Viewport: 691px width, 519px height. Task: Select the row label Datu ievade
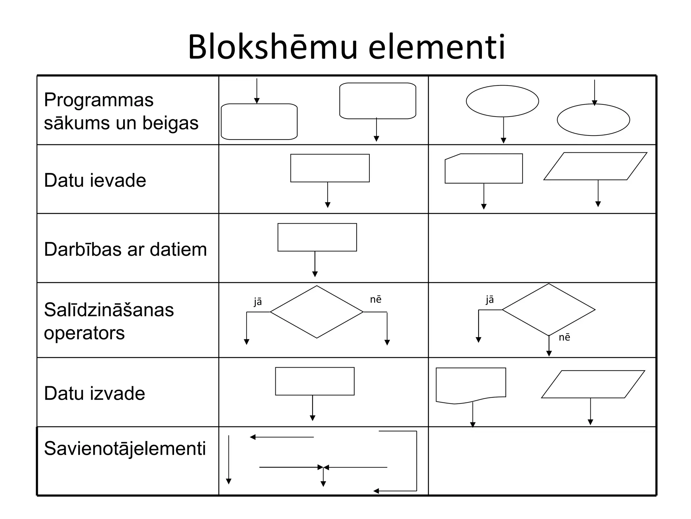(x=95, y=180)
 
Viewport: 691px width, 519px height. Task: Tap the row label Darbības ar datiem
(x=125, y=249)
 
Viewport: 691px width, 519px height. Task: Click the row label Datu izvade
(x=94, y=393)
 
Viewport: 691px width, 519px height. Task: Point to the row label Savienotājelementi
(x=125, y=448)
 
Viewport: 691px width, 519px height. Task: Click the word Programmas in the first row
(x=99, y=100)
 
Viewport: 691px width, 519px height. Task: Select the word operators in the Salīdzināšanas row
(x=84, y=333)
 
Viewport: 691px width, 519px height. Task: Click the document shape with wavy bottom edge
(x=471, y=384)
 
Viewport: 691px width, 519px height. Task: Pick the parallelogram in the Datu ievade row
(x=595, y=166)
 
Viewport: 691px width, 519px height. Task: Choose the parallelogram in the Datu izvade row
(x=593, y=384)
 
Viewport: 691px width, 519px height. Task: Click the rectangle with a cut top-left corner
(x=483, y=169)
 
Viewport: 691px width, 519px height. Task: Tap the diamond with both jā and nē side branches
(x=316, y=312)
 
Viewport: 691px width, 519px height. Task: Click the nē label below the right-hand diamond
(x=564, y=337)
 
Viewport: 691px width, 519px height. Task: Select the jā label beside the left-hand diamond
(x=258, y=301)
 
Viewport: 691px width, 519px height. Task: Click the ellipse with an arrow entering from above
(x=593, y=120)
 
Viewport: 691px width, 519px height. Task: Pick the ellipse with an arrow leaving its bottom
(x=502, y=101)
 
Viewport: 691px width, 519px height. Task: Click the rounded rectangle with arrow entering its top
(x=259, y=122)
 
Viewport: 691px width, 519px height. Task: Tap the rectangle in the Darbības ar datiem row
(x=317, y=237)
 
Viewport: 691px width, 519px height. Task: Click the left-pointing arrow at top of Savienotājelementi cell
(x=281, y=437)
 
